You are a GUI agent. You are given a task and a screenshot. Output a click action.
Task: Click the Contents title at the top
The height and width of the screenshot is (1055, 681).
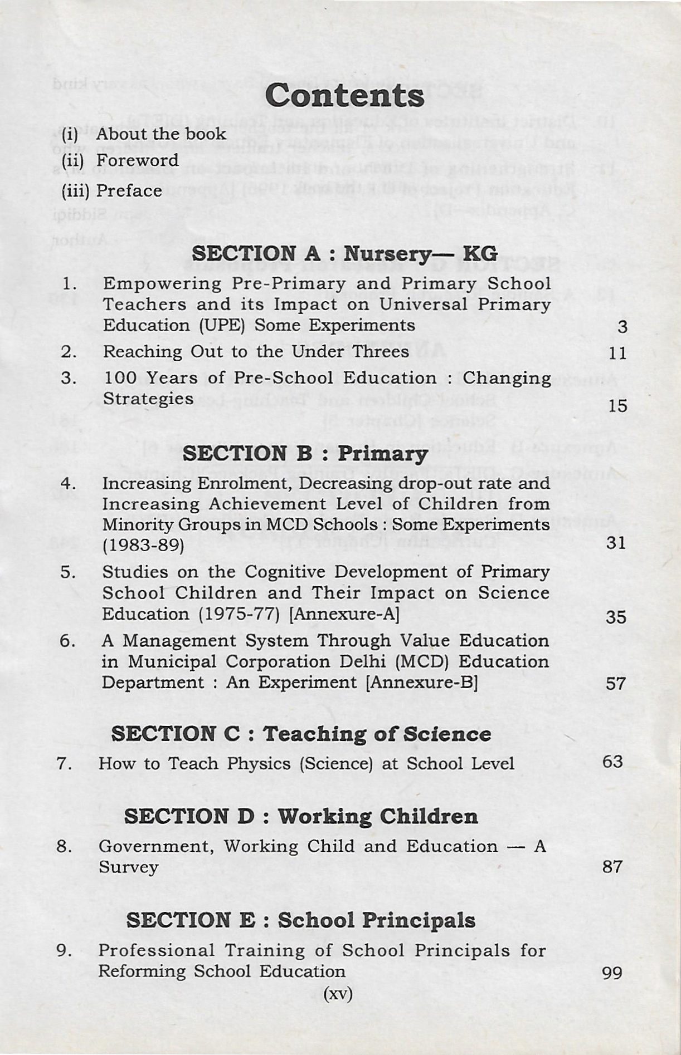click(344, 96)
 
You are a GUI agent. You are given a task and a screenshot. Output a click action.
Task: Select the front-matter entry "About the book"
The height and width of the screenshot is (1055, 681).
click(161, 134)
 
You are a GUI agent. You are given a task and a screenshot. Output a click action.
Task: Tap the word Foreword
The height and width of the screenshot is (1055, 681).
click(137, 160)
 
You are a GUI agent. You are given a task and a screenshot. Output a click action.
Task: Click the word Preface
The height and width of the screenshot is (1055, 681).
click(129, 191)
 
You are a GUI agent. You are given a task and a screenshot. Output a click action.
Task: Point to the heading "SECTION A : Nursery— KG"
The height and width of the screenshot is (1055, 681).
click(344, 254)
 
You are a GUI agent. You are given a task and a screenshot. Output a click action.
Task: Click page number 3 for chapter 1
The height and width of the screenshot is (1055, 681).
click(622, 327)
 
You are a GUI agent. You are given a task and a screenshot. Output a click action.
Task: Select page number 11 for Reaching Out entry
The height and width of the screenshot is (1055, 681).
click(617, 353)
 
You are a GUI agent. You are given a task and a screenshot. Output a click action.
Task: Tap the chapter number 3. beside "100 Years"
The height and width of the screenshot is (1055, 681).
click(69, 379)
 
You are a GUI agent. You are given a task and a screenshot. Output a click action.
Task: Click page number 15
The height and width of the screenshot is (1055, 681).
click(617, 406)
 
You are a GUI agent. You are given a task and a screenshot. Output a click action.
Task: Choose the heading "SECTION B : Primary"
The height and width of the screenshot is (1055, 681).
click(305, 454)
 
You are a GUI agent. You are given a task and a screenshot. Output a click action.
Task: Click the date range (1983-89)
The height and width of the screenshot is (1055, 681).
click(143, 544)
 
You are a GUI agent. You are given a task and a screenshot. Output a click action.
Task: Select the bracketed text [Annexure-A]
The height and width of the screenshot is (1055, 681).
click(345, 614)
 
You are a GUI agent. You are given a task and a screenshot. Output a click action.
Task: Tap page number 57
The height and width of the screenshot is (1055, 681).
click(616, 684)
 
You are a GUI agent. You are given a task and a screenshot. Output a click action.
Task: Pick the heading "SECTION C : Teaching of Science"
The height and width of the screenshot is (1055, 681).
click(301, 734)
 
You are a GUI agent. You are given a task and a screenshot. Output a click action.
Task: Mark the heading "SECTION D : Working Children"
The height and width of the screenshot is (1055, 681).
click(301, 817)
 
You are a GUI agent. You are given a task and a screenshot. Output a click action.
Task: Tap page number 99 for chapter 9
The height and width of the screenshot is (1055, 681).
click(612, 973)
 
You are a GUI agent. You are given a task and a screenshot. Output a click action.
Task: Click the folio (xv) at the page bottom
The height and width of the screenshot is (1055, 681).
click(338, 994)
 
